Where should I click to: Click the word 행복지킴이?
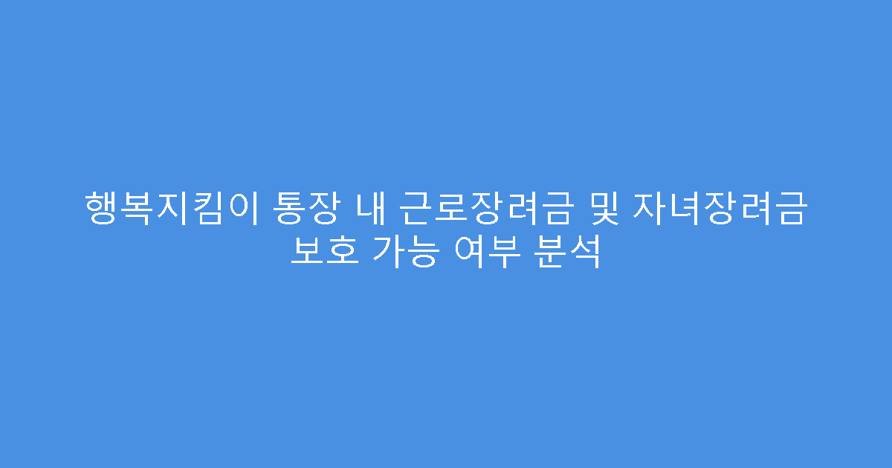click(x=172, y=209)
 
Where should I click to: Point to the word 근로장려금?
click(x=486, y=209)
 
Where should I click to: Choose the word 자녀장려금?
click(x=719, y=209)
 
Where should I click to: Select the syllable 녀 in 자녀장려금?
click(x=684, y=209)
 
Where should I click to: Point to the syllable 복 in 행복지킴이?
click(x=137, y=209)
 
